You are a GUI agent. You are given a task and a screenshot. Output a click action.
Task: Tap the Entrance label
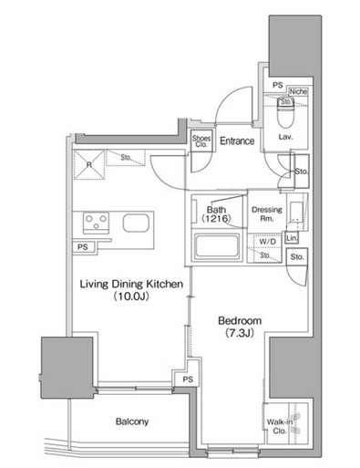(237, 140)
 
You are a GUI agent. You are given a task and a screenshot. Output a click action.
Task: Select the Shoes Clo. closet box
(201, 141)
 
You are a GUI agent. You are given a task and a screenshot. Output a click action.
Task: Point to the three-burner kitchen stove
(97, 223)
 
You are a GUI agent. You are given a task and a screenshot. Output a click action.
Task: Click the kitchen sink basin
(136, 223)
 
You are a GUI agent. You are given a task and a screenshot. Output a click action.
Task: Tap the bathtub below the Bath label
(217, 246)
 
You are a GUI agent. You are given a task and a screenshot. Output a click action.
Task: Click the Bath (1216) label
(216, 213)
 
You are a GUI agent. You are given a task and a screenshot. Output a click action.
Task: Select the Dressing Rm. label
(267, 213)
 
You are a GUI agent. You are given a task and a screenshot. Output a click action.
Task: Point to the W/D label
(268, 242)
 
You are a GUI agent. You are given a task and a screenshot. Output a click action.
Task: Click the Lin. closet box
(292, 238)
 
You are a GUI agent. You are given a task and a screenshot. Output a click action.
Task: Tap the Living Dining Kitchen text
(131, 284)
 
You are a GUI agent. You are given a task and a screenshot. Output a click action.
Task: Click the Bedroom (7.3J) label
(240, 327)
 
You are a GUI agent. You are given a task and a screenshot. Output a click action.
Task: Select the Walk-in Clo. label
(280, 426)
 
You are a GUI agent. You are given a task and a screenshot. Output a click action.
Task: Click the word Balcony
(132, 421)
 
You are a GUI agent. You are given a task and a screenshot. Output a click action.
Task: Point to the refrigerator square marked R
(89, 164)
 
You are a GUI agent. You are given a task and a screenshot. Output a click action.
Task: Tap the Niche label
(298, 91)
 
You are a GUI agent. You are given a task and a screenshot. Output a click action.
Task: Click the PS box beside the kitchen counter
(83, 247)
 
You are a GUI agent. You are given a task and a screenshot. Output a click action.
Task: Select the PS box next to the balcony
(188, 380)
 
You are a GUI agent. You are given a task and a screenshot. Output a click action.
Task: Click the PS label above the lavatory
(277, 85)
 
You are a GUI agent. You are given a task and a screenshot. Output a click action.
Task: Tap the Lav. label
(285, 137)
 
